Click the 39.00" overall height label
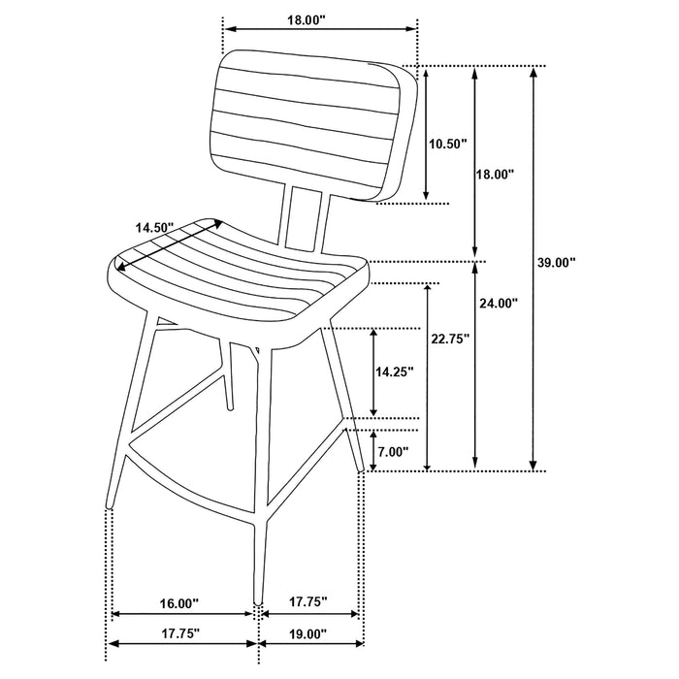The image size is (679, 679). click(x=557, y=262)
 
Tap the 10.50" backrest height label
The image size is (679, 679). click(x=447, y=144)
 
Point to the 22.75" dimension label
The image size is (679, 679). click(x=449, y=339)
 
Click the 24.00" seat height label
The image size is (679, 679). click(x=498, y=303)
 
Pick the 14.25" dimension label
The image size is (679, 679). click(x=394, y=371)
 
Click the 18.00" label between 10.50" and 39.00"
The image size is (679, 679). click(x=494, y=174)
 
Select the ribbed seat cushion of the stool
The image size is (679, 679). click(x=242, y=281)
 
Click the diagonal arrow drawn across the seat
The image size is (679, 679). click(x=171, y=244)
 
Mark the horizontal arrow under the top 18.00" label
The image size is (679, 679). click(x=320, y=29)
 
